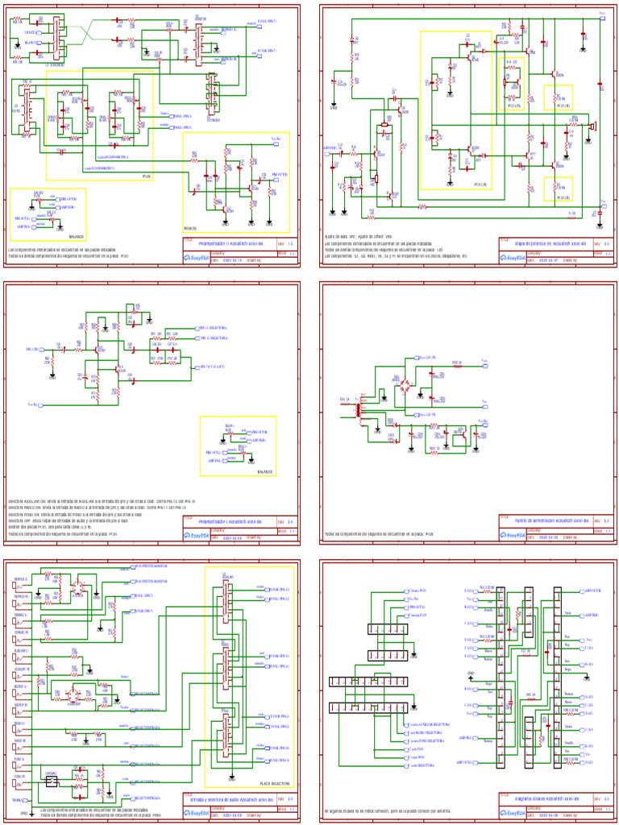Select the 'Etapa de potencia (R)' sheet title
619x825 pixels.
pos(545,243)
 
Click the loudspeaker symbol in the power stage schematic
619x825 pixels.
pos(592,126)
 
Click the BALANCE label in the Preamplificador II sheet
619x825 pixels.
pos(77,237)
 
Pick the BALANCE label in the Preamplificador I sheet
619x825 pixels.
pos(264,471)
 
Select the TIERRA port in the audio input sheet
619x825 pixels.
pos(18,799)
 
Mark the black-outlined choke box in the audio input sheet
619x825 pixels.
pos(52,781)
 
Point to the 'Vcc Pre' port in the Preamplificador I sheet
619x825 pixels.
pos(32,404)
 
